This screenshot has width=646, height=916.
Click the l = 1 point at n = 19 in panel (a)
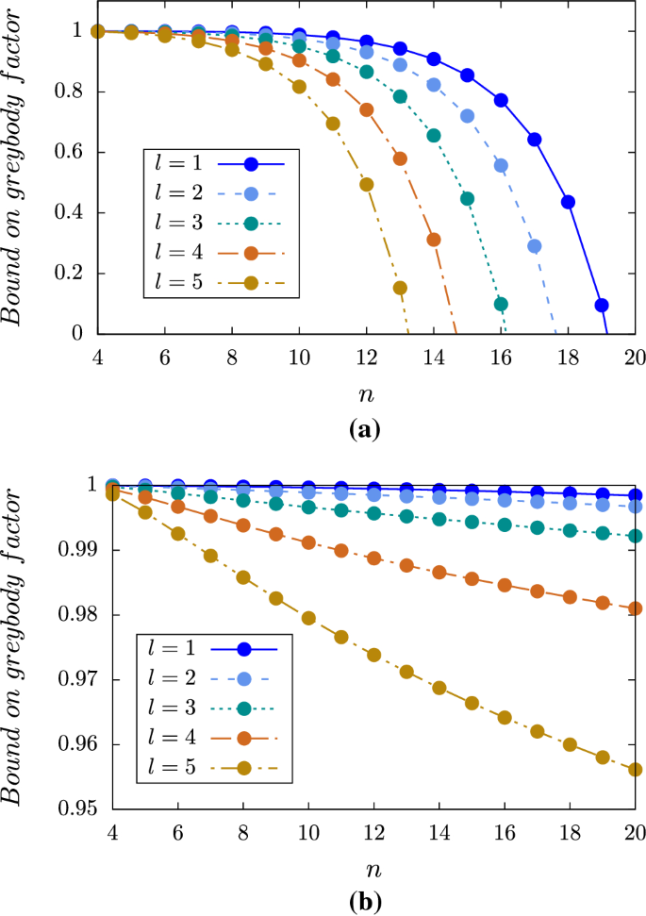[x=601, y=305]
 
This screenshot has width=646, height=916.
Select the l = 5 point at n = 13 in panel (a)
[x=400, y=288]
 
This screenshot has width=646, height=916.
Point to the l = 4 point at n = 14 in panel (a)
[x=434, y=240]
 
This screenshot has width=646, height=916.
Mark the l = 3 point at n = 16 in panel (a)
[x=501, y=304]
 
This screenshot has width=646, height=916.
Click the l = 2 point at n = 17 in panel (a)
[x=535, y=246]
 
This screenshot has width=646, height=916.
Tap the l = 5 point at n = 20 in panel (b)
[x=635, y=770]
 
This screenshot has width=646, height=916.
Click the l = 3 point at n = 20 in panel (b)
[x=635, y=536]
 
